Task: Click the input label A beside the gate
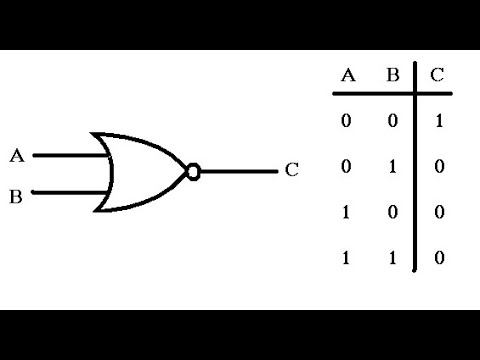[x=16, y=156]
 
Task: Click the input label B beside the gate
[x=16, y=196]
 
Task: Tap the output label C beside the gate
[x=291, y=170]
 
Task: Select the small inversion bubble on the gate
[x=194, y=172]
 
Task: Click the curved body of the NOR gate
[x=140, y=172]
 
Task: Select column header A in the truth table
[x=349, y=76]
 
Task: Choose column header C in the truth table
[x=437, y=76]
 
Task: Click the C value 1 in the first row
[x=437, y=121]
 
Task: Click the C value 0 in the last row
[x=437, y=259]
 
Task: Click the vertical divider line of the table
[x=415, y=170]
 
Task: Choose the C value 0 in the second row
[x=437, y=167]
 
